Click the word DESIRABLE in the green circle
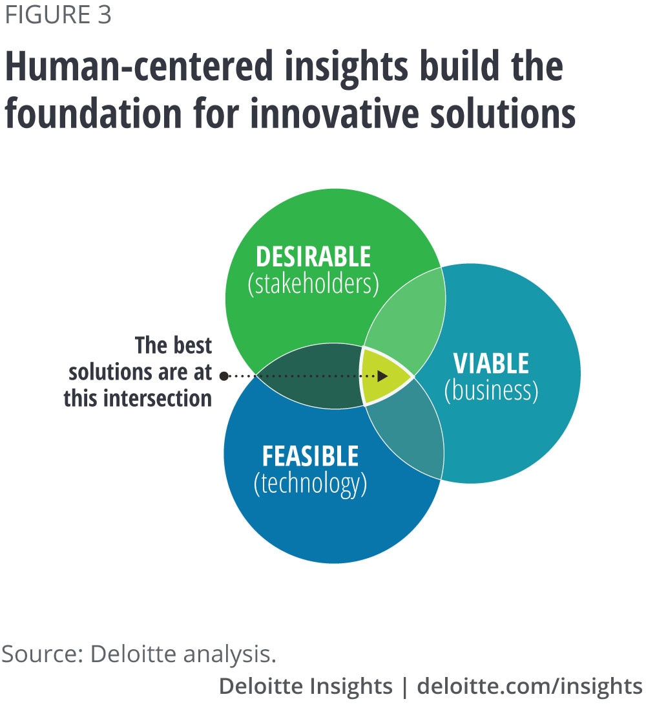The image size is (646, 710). [x=313, y=257]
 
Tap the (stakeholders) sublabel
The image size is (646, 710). [x=313, y=285]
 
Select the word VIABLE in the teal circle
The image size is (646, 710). [x=491, y=363]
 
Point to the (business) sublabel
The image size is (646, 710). [x=492, y=391]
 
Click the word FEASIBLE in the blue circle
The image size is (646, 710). [x=310, y=456]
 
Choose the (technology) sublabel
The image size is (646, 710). [x=310, y=484]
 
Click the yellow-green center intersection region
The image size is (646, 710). [x=382, y=376]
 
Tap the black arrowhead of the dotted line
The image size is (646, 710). [x=382, y=376]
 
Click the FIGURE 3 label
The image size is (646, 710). [x=58, y=14]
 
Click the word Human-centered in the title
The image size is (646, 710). [x=140, y=67]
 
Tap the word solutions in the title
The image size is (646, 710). [x=503, y=113]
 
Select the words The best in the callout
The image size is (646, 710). [x=173, y=345]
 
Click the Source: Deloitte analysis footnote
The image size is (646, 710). [x=138, y=654]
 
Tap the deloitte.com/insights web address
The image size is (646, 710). [x=530, y=687]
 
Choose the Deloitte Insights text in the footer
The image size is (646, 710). [x=306, y=686]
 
